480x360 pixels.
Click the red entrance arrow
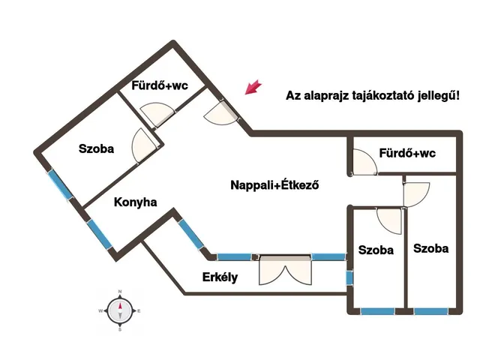click(x=253, y=87)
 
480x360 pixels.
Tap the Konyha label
click(x=135, y=202)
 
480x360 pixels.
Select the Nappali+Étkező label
click(x=274, y=185)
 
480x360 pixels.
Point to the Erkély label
click(x=220, y=277)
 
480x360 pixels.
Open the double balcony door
click(x=285, y=270)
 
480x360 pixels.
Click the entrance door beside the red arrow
click(x=222, y=112)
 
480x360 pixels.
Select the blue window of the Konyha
click(x=100, y=234)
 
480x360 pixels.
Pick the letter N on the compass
click(x=120, y=292)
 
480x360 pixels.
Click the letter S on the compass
click(x=120, y=330)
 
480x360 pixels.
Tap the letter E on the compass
click(x=139, y=311)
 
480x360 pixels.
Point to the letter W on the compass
click(x=100, y=311)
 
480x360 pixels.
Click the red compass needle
click(x=120, y=307)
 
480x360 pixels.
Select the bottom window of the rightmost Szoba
click(x=431, y=312)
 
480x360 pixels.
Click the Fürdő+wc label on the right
click(x=407, y=153)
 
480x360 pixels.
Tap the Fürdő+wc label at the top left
click(x=160, y=85)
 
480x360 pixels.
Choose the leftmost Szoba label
click(x=97, y=148)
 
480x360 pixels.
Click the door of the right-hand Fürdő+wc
click(x=364, y=162)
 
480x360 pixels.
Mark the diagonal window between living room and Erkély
click(x=191, y=234)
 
